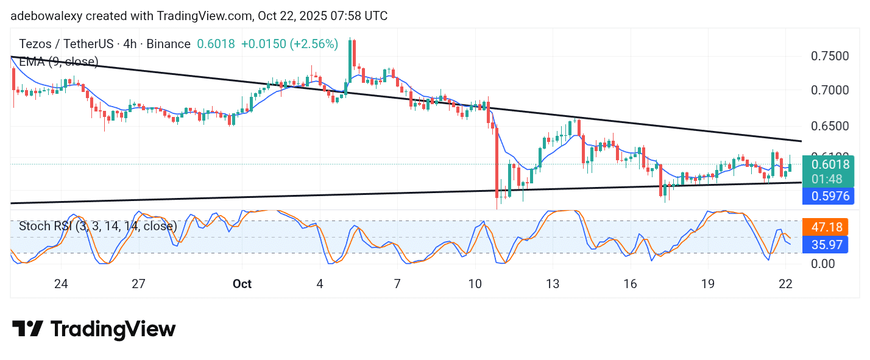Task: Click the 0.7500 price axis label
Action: tap(829, 56)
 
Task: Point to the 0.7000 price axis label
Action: tap(829, 90)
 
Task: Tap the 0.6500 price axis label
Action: tap(829, 126)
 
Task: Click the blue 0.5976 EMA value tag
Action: tap(829, 196)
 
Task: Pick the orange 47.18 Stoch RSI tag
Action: tap(827, 227)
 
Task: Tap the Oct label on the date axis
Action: tap(242, 284)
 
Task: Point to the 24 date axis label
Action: tap(60, 284)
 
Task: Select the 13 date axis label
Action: tap(552, 284)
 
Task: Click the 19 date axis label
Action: tap(707, 284)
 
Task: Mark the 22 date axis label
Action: tap(785, 284)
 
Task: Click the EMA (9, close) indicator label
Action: tap(58, 62)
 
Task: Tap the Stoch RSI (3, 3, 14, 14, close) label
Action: tap(97, 226)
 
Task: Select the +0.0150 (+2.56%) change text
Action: tap(289, 44)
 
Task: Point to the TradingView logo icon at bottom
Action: tap(28, 329)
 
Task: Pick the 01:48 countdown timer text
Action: tap(829, 178)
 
